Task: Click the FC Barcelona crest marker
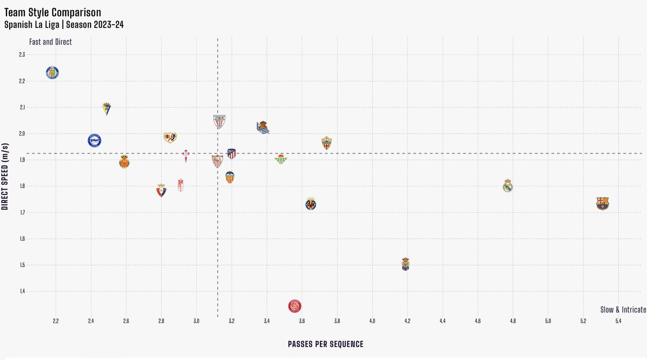pos(602,203)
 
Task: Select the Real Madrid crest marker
pos(507,185)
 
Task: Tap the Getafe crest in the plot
pos(52,73)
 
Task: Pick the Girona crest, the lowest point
pos(294,306)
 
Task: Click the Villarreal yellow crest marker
pos(311,204)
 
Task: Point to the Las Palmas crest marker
pos(405,264)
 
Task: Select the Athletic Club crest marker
pos(219,121)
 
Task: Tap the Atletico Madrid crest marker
pos(231,154)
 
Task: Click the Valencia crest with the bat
pos(230,177)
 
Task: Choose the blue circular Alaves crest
pos(95,141)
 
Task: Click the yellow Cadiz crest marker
pos(107,109)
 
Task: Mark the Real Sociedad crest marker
pos(263,128)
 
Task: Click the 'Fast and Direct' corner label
pos(50,41)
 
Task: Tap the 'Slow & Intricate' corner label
pos(623,310)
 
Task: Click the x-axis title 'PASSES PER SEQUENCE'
pos(325,344)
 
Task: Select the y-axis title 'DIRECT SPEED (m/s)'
pos(5,176)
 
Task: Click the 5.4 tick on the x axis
pos(618,321)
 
